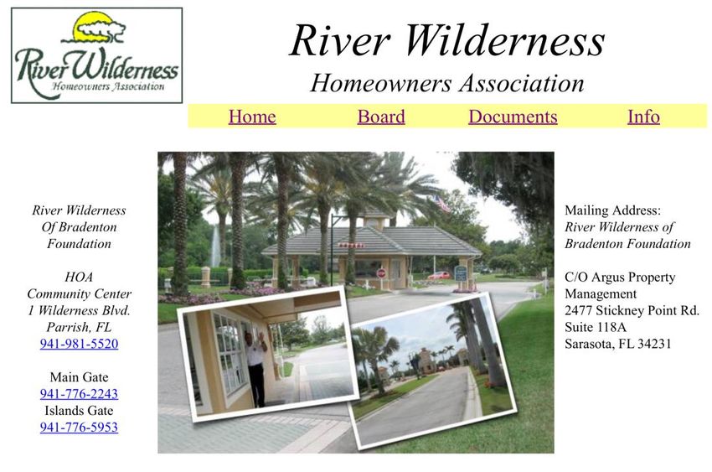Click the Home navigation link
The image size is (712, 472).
pyautogui.click(x=252, y=117)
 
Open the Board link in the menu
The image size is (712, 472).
pyautogui.click(x=381, y=117)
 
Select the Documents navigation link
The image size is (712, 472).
pyautogui.click(x=513, y=117)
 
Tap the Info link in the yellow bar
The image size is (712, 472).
pyautogui.click(x=643, y=117)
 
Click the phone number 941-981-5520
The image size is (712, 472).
pyautogui.click(x=79, y=344)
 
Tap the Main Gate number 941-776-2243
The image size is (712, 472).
pyautogui.click(x=79, y=393)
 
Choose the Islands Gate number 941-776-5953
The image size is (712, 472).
pyautogui.click(x=79, y=427)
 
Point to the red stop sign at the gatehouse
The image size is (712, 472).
pyautogui.click(x=381, y=273)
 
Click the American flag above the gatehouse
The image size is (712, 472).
pyautogui.click(x=441, y=203)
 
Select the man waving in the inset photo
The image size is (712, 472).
pyautogui.click(x=255, y=368)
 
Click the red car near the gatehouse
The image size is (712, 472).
pyautogui.click(x=439, y=275)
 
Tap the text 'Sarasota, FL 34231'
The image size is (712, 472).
pyautogui.click(x=617, y=344)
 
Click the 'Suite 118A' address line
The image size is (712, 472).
pyautogui.click(x=596, y=327)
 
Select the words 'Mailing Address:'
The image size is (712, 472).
pyautogui.click(x=613, y=210)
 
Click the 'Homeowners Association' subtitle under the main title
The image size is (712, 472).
pyautogui.click(x=447, y=84)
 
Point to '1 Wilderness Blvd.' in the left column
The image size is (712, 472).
pyautogui.click(x=79, y=310)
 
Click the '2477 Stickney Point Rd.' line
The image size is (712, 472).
pyautogui.click(x=632, y=310)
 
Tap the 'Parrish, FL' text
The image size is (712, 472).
pyautogui.click(x=79, y=327)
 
